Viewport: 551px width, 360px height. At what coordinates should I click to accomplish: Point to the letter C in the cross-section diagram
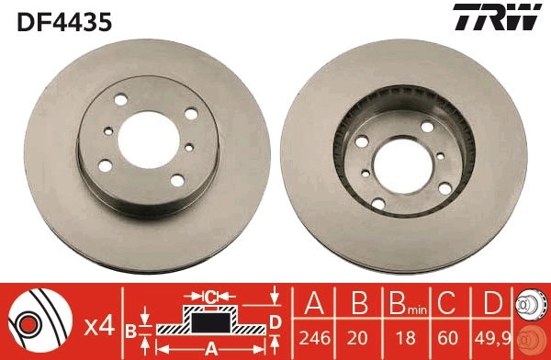pyautogui.click(x=209, y=296)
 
